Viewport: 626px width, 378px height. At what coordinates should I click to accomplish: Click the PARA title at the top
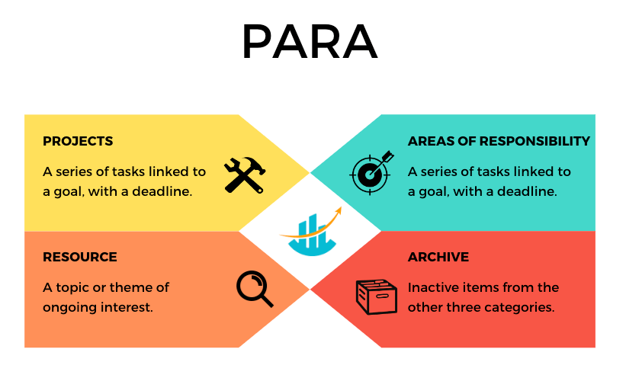(x=310, y=41)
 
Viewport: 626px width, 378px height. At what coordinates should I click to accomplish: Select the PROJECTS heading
(x=78, y=141)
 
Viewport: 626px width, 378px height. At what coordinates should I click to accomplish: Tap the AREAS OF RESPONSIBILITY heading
(x=499, y=141)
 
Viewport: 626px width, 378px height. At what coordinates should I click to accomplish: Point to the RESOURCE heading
(x=80, y=257)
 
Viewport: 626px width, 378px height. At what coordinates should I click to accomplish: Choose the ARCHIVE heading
(x=438, y=257)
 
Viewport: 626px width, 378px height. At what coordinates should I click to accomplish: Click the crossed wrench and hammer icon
(x=245, y=175)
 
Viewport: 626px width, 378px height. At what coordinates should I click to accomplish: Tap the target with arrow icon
(x=371, y=173)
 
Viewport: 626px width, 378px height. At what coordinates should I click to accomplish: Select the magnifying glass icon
(x=255, y=289)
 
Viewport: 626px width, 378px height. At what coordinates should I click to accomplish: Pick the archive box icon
(x=376, y=297)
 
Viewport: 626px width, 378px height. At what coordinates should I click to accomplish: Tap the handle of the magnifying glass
(x=266, y=300)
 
